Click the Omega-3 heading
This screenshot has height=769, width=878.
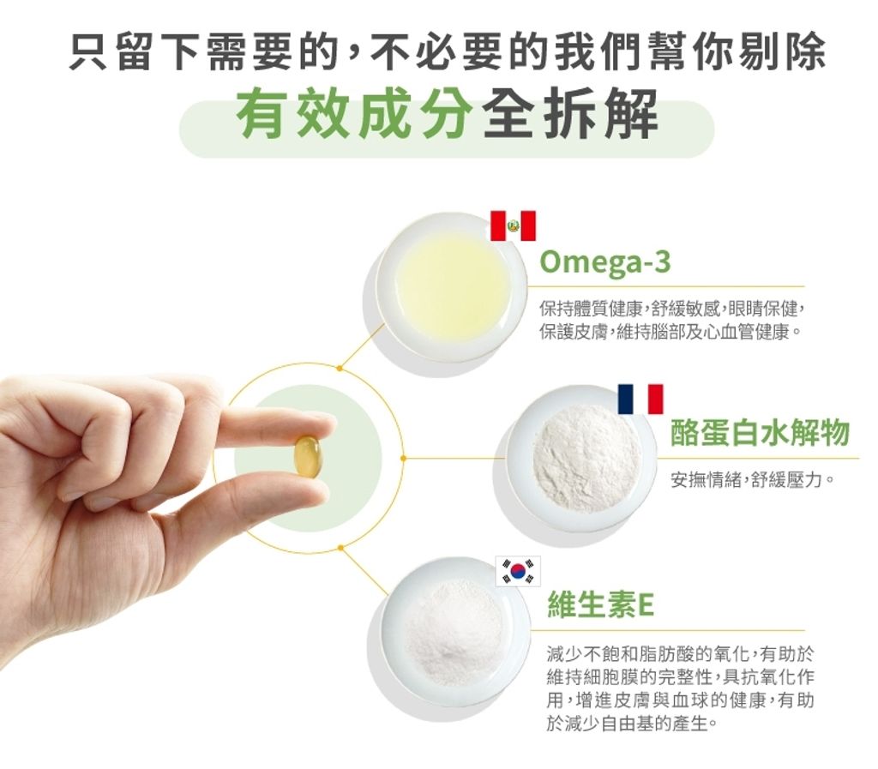click(x=604, y=263)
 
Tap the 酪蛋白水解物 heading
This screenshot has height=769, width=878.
click(x=760, y=433)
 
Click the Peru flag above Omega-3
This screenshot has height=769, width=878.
click(x=513, y=225)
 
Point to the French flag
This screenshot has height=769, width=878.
click(x=640, y=399)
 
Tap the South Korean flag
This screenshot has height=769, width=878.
click(x=519, y=571)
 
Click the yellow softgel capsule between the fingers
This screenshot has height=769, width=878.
click(x=308, y=456)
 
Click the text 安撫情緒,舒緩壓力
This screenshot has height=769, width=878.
click(x=752, y=480)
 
